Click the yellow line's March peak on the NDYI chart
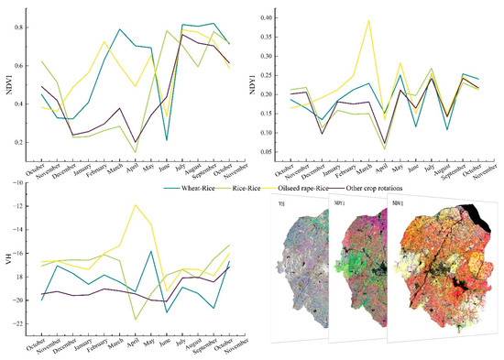368,20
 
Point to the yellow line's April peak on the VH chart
136,205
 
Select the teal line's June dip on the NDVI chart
167,139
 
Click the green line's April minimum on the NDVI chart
136,152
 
